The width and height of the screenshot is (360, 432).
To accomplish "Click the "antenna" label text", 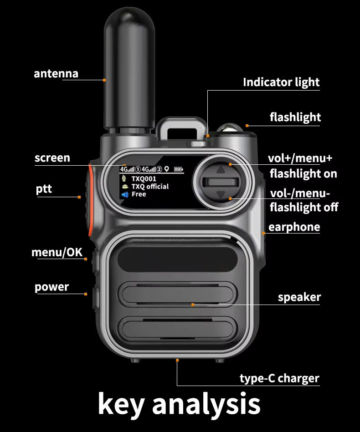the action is point(56,74).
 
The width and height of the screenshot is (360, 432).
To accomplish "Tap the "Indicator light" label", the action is point(281,82).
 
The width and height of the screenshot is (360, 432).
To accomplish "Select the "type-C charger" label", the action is point(279,378).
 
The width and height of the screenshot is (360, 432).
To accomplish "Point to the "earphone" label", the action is point(294,227).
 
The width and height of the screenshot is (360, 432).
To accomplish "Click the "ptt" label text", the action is point(44,189).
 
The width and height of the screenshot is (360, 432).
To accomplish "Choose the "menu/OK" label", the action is point(57,252).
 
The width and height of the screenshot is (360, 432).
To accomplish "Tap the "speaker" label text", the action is point(299,297).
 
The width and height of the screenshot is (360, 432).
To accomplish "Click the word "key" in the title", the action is point(121,404).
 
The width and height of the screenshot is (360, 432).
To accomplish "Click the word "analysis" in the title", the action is point(206,404).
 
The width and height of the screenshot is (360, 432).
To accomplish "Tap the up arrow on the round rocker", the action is point(221,170).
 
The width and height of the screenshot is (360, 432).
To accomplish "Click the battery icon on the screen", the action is point(178,169).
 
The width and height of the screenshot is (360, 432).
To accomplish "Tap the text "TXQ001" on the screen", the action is point(144,179).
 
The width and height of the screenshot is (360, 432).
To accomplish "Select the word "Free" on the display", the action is point(139,194).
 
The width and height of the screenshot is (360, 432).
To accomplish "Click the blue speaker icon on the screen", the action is point(125,195).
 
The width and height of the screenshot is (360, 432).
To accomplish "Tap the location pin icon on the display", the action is point(167,169).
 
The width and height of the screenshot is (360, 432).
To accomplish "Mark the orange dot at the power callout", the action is point(86,294).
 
